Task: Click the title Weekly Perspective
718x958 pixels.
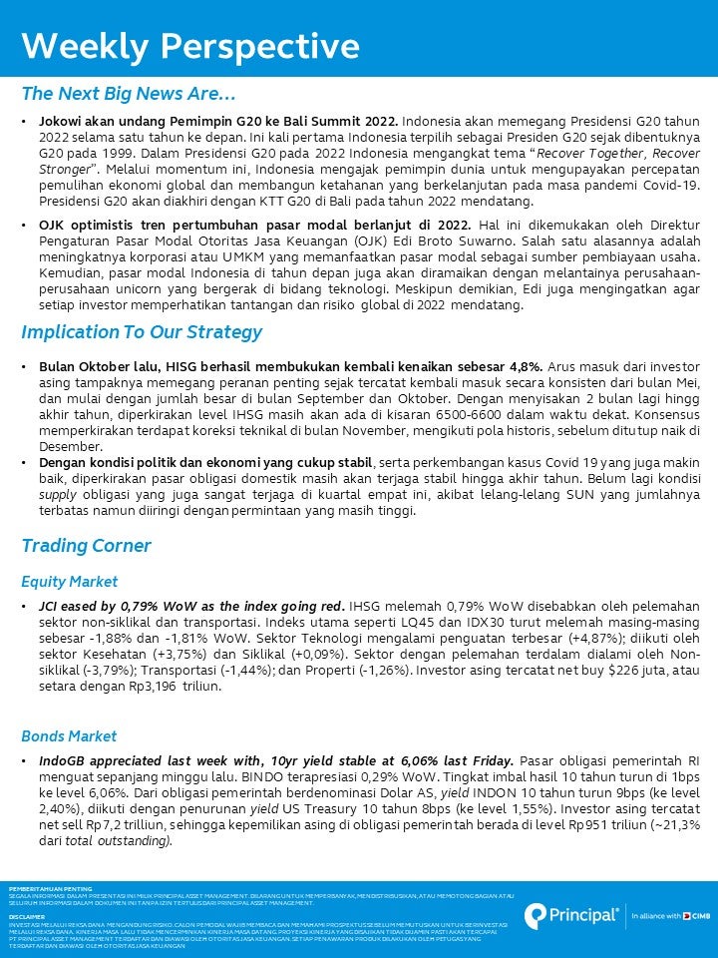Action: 190,46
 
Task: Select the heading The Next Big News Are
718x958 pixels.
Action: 129,95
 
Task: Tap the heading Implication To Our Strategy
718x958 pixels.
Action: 142,332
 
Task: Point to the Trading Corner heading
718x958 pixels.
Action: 86,546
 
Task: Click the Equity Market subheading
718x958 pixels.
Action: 69,581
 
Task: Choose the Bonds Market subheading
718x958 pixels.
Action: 69,736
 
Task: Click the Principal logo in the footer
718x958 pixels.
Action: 571,914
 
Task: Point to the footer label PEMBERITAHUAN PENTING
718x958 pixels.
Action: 50,887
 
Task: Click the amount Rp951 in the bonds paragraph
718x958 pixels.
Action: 596,825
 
